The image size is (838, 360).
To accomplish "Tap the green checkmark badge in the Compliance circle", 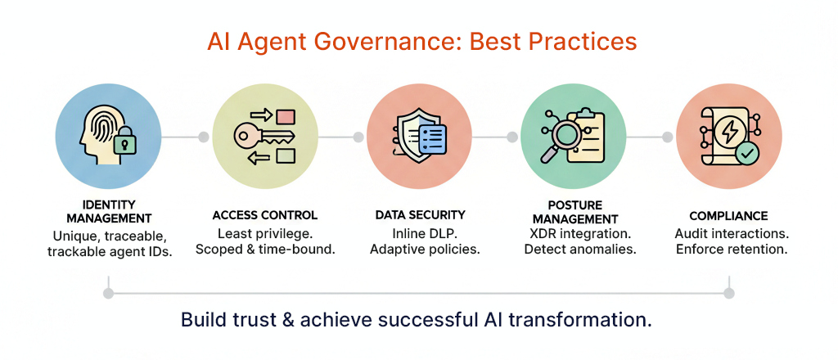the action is (x=746, y=155).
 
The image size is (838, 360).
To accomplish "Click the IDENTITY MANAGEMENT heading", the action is (x=110, y=212).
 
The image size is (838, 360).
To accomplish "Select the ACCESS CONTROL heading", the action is (x=265, y=216).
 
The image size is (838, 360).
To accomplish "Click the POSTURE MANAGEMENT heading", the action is (x=575, y=212).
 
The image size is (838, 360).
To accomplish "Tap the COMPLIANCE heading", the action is (x=728, y=216).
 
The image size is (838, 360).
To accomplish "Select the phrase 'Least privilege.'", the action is (x=264, y=234).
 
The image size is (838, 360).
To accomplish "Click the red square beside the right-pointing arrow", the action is (x=287, y=115).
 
